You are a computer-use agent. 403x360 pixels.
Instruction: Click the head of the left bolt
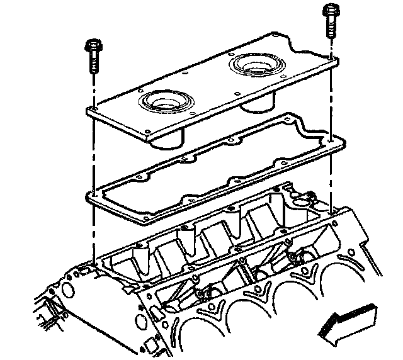point(91,47)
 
